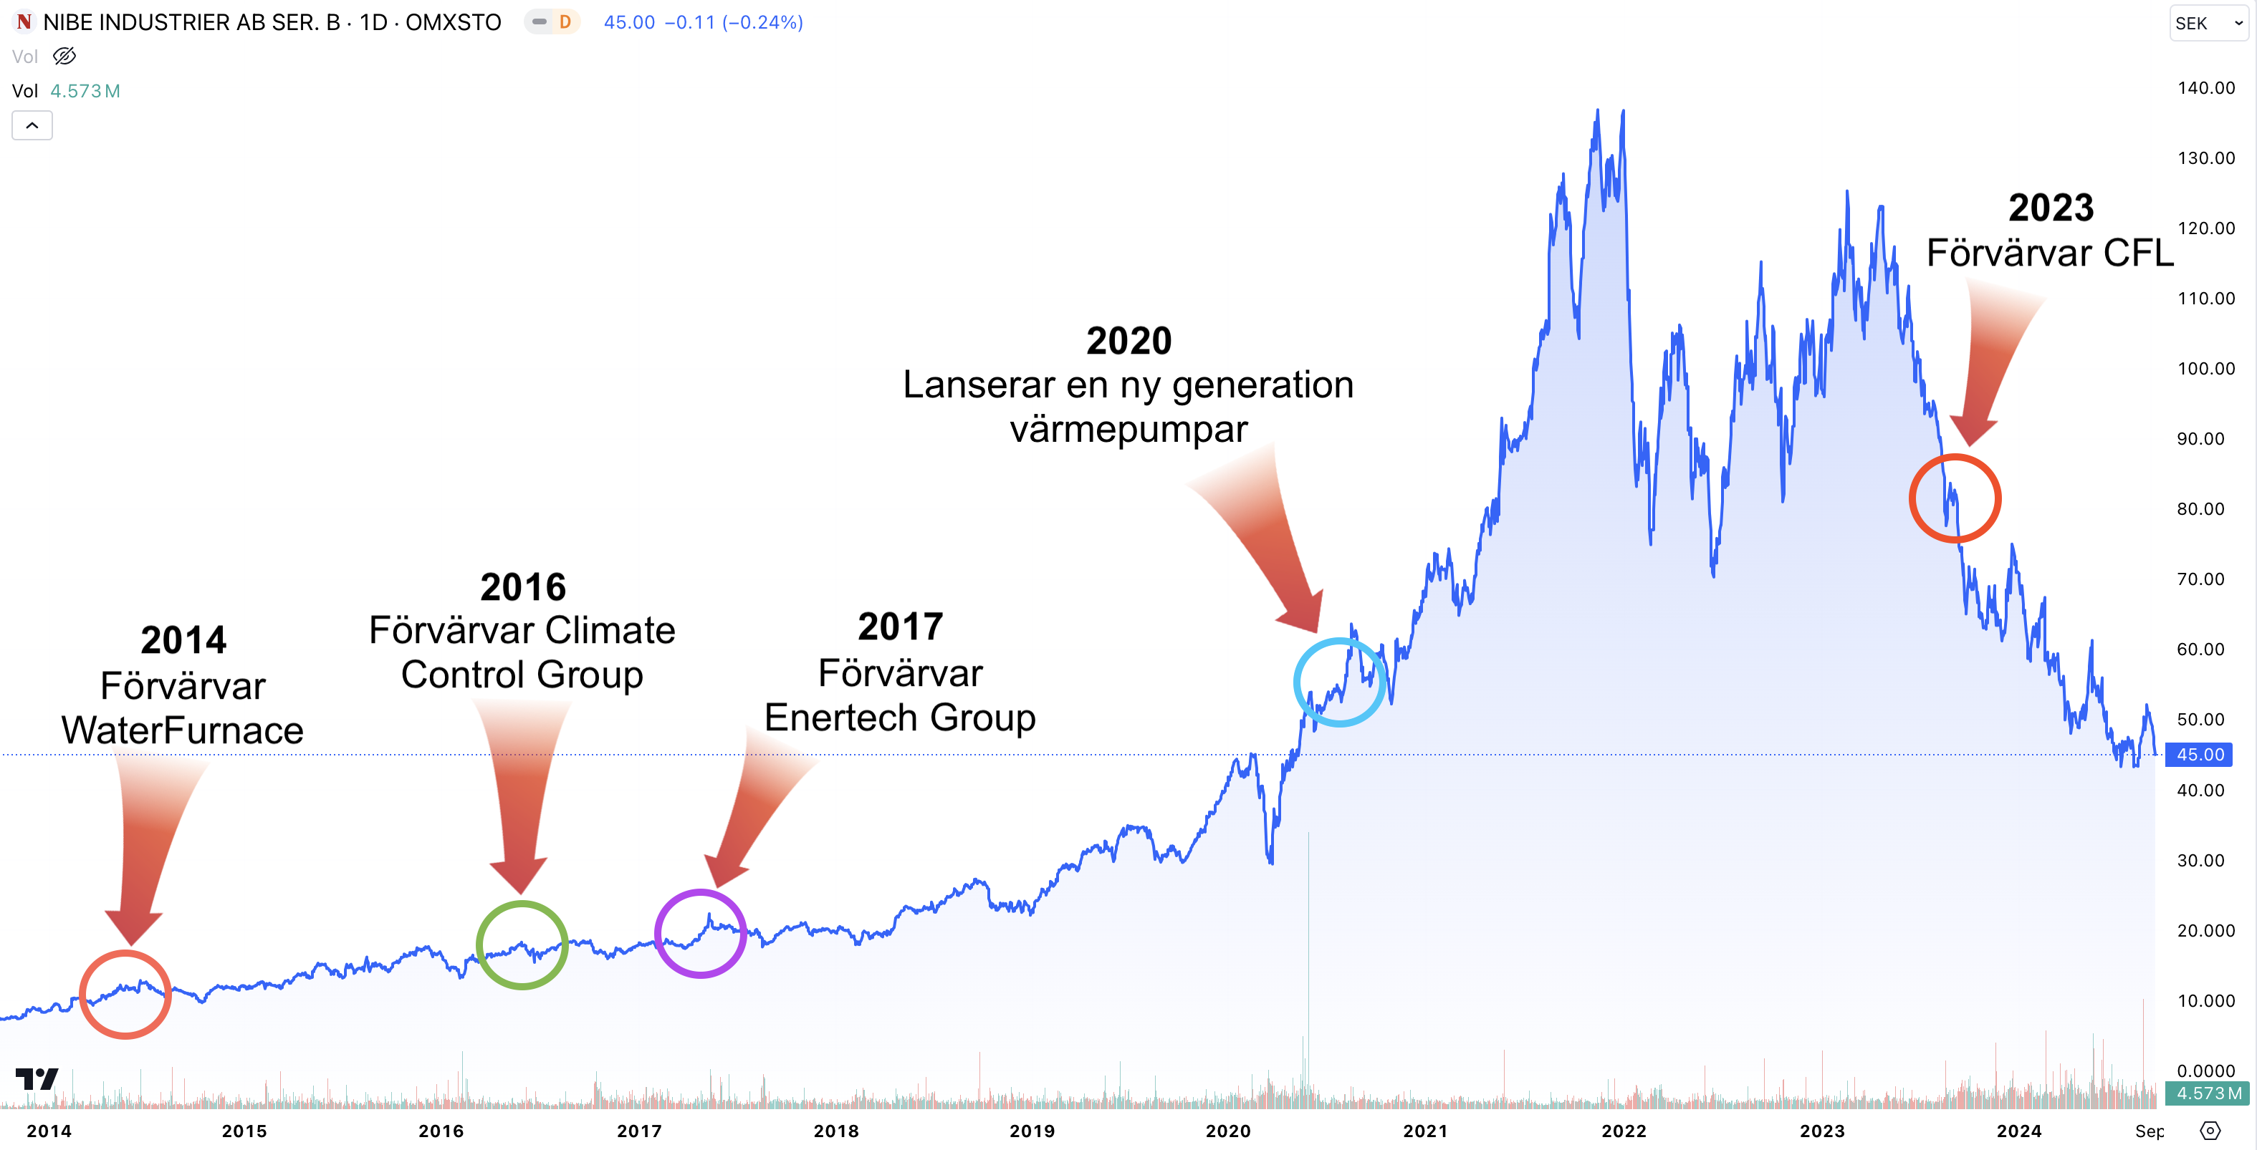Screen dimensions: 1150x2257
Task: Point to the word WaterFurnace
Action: coord(182,730)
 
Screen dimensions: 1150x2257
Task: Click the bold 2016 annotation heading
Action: coord(523,587)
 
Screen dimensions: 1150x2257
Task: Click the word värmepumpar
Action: coord(1128,429)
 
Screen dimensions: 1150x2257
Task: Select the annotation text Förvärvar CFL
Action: coord(2049,253)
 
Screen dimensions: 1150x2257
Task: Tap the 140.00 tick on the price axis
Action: coord(2205,87)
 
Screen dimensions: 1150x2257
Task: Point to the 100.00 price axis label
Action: coord(2205,368)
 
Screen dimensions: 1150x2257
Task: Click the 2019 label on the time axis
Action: coord(1032,1131)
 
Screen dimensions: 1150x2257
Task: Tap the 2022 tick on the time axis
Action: coord(1624,1131)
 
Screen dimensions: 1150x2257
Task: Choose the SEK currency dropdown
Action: coord(2208,24)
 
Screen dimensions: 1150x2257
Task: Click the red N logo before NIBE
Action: coord(24,22)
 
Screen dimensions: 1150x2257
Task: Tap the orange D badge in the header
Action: coord(565,22)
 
